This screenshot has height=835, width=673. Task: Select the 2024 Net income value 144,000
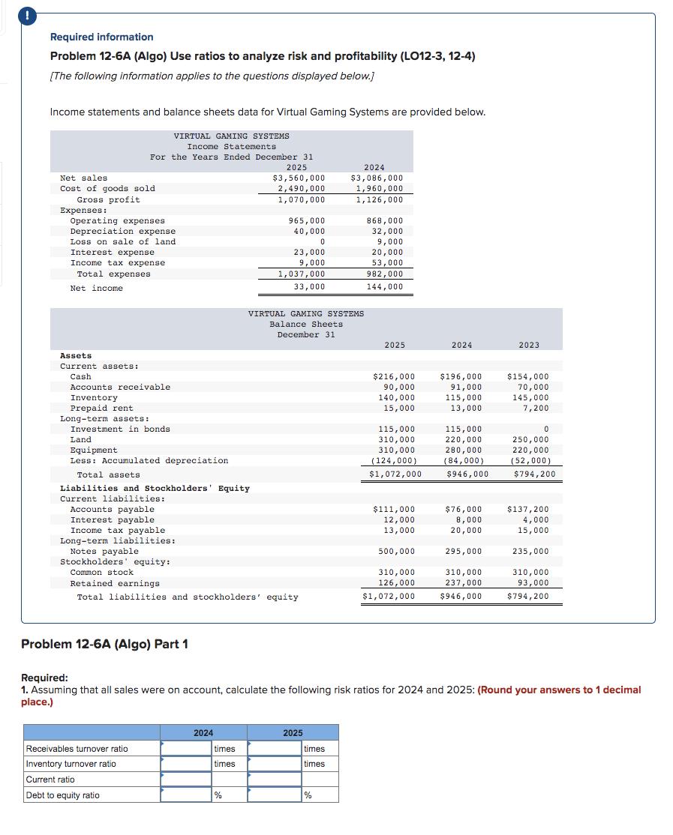pyautogui.click(x=384, y=287)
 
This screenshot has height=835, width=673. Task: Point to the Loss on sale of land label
pyautogui.click(x=122, y=241)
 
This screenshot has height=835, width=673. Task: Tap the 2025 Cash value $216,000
pyautogui.click(x=394, y=376)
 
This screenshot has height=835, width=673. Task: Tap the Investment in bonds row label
pyautogui.click(x=120, y=429)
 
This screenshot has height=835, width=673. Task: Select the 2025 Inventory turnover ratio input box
pyautogui.click(x=274, y=764)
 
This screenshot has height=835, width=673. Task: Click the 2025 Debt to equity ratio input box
pyautogui.click(x=274, y=795)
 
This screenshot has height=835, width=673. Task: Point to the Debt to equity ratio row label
pyautogui.click(x=63, y=795)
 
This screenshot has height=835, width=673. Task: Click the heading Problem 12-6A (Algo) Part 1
pyautogui.click(x=104, y=644)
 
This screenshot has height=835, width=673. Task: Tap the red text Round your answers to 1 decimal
pyautogui.click(x=560, y=690)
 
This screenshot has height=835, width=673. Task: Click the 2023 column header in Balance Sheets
pyautogui.click(x=528, y=345)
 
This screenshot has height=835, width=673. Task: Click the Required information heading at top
pyautogui.click(x=101, y=37)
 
